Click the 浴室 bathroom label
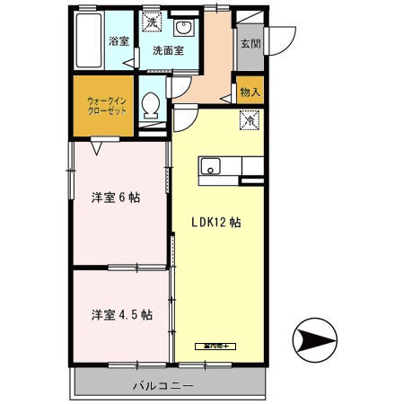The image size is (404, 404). coord(118,40)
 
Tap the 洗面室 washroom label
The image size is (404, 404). coord(167,50)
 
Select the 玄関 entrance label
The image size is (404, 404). coord(250,41)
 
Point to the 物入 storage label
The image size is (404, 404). coord(250,92)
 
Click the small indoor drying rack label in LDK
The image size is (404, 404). coord(215,345)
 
